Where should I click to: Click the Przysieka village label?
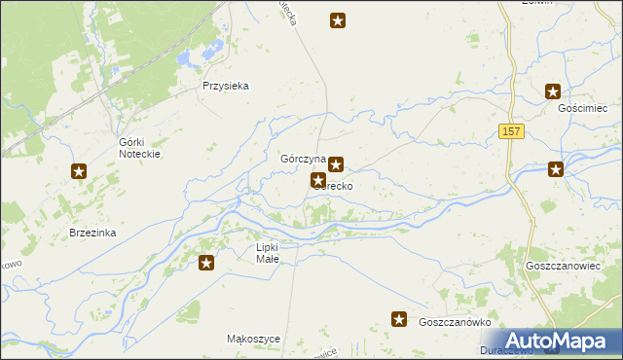226,86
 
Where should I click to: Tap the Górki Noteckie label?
138,148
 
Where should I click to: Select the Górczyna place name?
302,159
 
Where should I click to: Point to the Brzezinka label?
93,233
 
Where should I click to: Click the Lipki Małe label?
267,253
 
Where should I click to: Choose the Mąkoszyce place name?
253,339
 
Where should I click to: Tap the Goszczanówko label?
454,322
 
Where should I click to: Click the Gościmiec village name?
582,108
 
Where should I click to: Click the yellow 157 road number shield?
512,131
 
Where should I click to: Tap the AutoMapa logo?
557,340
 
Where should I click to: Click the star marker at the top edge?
338,19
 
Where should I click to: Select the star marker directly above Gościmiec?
553,92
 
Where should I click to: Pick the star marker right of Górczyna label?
336,164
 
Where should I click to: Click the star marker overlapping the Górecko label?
318,180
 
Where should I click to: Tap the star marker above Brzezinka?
79,172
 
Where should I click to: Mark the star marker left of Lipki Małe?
206,262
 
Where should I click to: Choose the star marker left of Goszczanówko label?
398,319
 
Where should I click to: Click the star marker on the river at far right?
556,169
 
